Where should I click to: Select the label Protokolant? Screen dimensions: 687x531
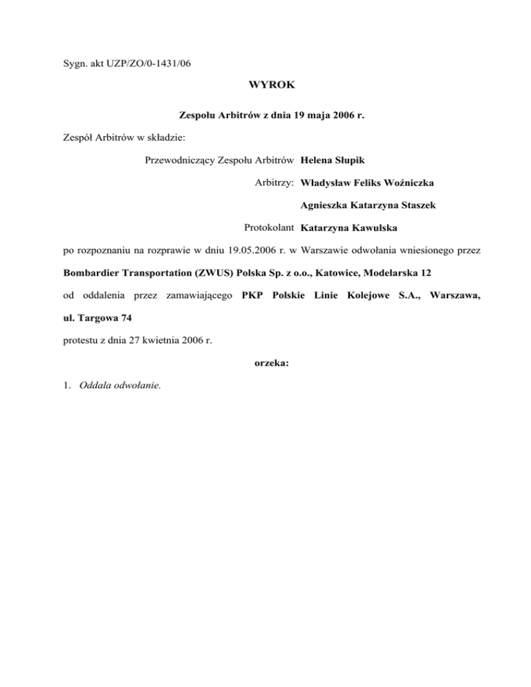[270, 227]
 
